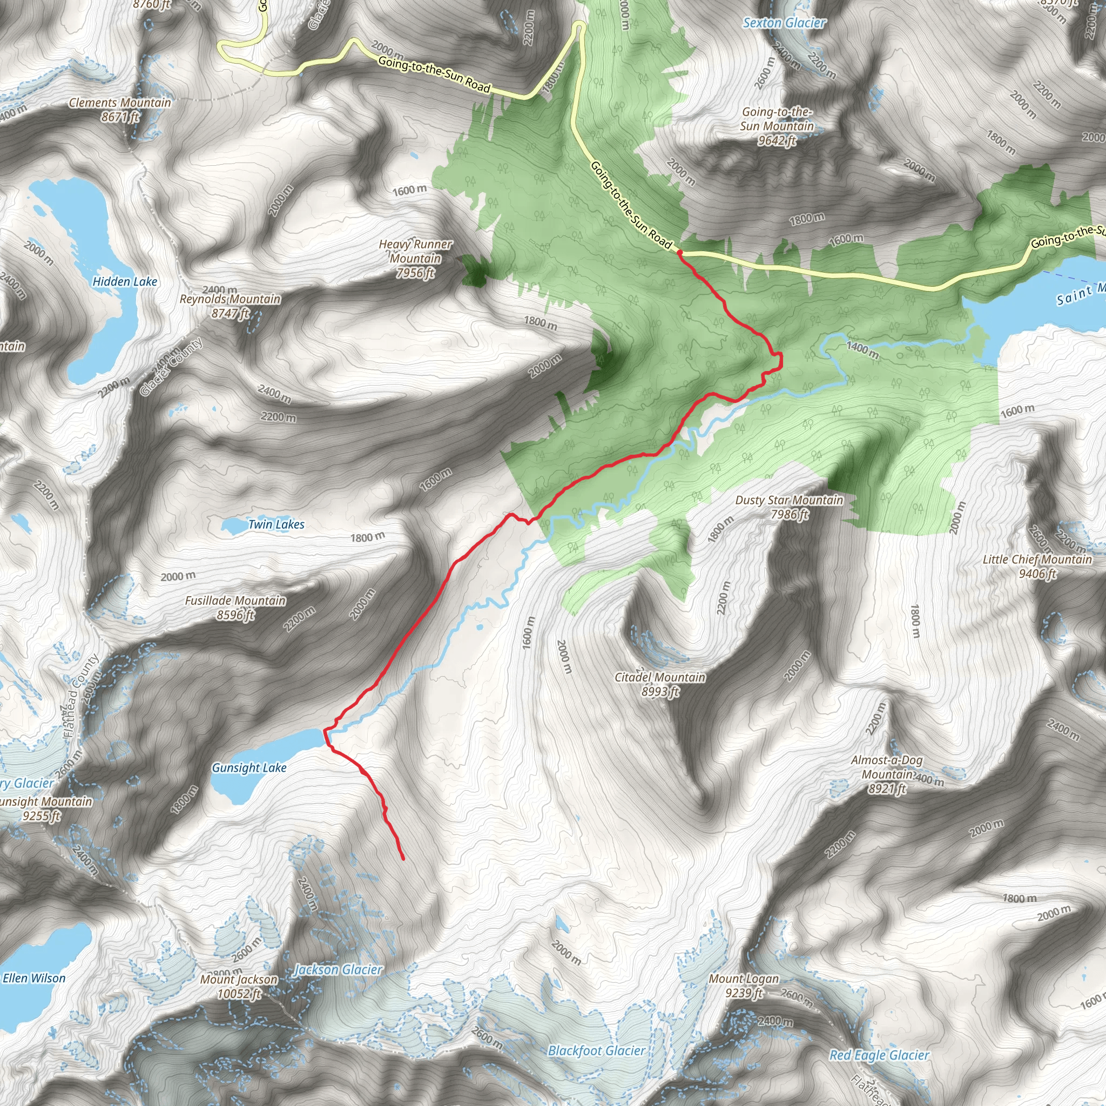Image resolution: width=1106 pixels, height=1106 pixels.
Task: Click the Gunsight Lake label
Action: coord(249,768)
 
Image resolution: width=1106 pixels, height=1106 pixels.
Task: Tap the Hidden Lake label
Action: coord(125,282)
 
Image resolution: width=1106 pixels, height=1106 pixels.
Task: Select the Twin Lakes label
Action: coord(276,524)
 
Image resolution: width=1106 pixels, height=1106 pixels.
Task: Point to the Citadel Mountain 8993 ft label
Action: coord(660,684)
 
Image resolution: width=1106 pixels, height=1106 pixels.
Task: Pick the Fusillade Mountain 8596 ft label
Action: coord(235,608)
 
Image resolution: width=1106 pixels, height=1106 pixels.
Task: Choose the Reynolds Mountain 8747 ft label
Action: coord(230,306)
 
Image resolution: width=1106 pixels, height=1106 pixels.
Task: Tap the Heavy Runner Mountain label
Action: coord(416,259)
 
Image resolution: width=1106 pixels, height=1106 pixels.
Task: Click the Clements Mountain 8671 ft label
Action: coord(120,109)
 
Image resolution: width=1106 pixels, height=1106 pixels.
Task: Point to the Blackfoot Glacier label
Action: coord(597,1051)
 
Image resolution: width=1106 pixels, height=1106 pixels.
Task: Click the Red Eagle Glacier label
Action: coord(879,1055)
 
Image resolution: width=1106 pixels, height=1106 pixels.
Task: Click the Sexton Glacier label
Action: coord(784,23)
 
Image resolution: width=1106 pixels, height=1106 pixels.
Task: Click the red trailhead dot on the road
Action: coord(679,252)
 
